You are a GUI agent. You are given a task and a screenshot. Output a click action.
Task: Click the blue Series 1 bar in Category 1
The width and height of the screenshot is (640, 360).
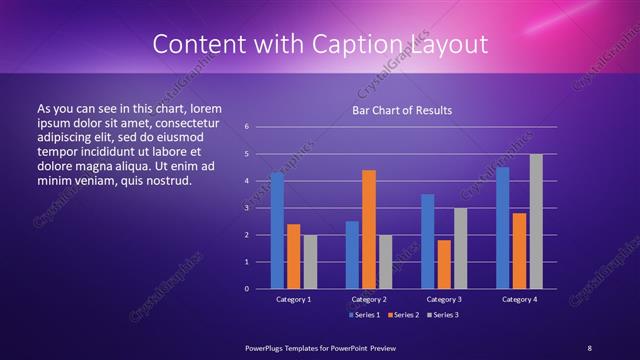[x=277, y=231]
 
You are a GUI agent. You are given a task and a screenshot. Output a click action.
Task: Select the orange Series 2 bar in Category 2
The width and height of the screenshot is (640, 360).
[x=369, y=229]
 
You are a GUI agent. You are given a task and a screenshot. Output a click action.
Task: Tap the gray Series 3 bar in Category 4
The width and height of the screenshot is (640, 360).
[x=536, y=221]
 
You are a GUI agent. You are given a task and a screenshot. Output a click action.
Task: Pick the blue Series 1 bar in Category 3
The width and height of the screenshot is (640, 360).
[x=427, y=241]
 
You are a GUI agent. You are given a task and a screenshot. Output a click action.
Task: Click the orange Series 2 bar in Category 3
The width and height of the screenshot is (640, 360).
[x=444, y=264]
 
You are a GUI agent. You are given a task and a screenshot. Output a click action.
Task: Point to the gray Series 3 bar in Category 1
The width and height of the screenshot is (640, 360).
[x=310, y=261]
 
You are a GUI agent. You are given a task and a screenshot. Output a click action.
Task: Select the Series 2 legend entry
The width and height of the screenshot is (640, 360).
[x=403, y=315]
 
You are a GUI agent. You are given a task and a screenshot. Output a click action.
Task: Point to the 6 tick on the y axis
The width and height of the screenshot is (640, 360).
[x=247, y=127]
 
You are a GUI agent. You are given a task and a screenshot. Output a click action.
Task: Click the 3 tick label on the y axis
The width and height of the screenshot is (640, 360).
[x=247, y=208]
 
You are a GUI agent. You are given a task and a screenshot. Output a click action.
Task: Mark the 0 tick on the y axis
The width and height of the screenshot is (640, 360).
[x=247, y=289]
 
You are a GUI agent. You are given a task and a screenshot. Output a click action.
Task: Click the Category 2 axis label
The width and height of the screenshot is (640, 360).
[x=369, y=299]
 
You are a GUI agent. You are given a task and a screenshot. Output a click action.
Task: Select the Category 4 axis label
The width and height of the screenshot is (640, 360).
[x=519, y=299]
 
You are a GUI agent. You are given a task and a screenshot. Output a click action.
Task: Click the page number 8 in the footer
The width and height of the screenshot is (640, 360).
[x=590, y=346]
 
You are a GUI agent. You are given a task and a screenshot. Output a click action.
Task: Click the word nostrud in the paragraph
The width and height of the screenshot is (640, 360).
[x=166, y=180]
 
